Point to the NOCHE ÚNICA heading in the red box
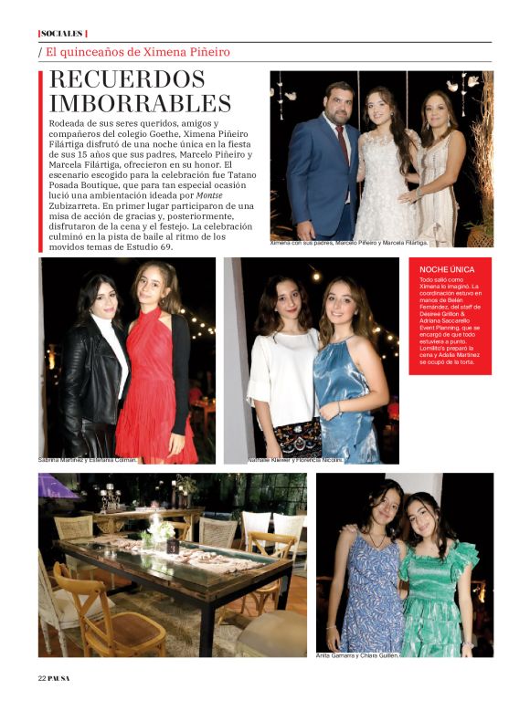point(447,270)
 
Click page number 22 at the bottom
point(42,677)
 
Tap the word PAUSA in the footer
point(59,677)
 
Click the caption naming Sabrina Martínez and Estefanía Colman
point(88,460)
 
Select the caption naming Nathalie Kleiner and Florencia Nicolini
point(295,460)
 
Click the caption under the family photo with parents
point(348,243)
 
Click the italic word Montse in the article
point(209,195)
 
